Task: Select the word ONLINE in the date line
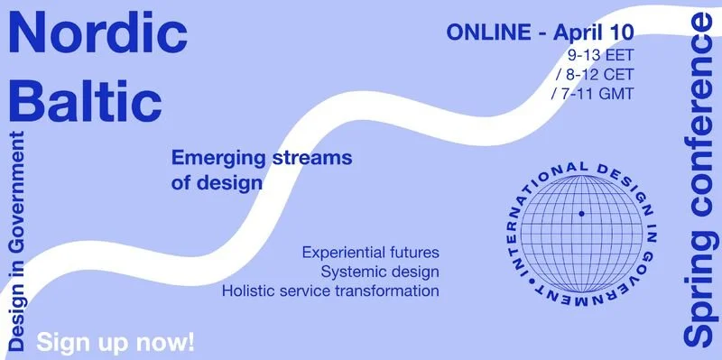[x=488, y=32]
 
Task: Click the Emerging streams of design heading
[x=261, y=171]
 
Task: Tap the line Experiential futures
[x=371, y=252]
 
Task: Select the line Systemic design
[x=380, y=272]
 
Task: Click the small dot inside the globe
[x=582, y=214]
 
